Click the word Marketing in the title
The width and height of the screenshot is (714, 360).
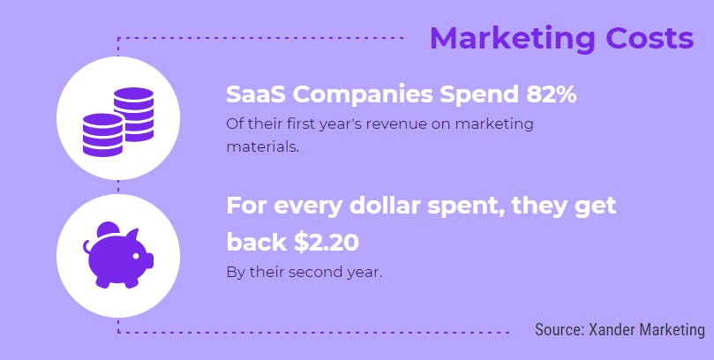click(x=513, y=40)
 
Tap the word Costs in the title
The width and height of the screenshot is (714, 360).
click(x=650, y=38)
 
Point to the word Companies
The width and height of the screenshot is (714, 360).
click(x=363, y=95)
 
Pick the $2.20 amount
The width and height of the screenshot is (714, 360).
click(x=326, y=242)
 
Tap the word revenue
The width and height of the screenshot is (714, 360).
click(x=398, y=124)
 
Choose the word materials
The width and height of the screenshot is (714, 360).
click(x=263, y=146)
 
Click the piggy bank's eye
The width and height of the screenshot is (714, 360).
click(x=136, y=256)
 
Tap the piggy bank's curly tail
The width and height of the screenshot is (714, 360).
click(x=87, y=247)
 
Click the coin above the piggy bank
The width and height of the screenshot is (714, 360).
click(x=108, y=229)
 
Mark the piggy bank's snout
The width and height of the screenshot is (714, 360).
click(x=150, y=261)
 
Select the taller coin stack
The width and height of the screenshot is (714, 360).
click(x=134, y=114)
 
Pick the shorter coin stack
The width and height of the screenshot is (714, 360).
click(x=103, y=135)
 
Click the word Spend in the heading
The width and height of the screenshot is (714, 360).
click(x=479, y=95)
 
